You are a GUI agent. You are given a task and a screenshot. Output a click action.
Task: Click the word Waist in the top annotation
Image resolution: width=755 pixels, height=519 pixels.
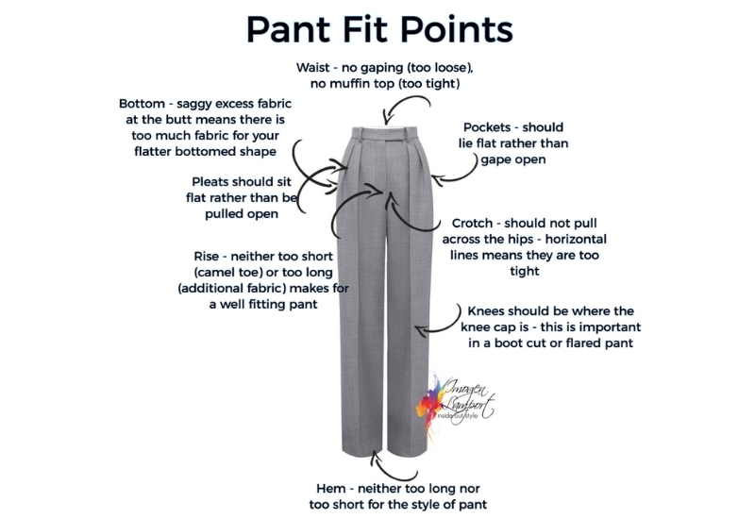312,67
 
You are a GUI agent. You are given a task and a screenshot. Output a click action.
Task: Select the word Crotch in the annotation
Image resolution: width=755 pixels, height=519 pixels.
472,223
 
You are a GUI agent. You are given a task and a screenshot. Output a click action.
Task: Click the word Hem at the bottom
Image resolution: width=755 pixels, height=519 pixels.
330,489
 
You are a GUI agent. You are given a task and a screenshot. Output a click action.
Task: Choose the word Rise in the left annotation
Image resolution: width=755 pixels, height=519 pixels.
205,256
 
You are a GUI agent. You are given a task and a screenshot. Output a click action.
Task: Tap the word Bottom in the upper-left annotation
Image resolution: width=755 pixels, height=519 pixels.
142,104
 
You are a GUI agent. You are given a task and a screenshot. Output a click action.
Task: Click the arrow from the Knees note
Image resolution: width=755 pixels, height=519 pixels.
446,326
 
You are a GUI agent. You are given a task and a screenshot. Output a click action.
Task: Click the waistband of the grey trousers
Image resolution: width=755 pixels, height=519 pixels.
383,133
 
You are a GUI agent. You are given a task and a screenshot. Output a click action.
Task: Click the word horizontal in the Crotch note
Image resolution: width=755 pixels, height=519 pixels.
576,240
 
